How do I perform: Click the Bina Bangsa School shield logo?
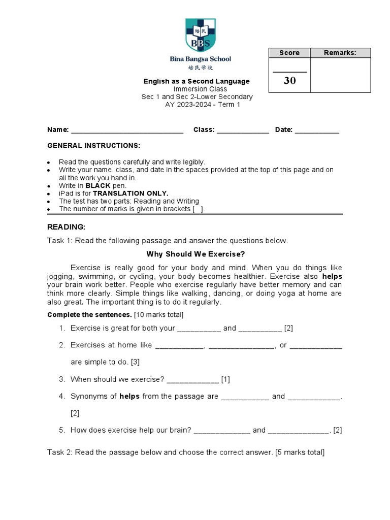[200, 35]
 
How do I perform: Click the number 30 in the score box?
[289, 80]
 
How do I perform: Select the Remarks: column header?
[340, 53]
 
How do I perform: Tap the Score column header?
[289, 53]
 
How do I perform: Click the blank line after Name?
[127, 131]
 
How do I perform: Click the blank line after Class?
[243, 131]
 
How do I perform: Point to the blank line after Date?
[317, 131]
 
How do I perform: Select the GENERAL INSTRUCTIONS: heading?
[93, 145]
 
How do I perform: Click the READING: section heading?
[67, 226]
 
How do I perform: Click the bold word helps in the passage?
[333, 276]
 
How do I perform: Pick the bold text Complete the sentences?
[89, 315]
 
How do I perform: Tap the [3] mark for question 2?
[135, 362]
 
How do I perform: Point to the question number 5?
[61, 430]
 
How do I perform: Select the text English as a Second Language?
[197, 81]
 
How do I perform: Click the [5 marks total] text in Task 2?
[300, 452]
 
